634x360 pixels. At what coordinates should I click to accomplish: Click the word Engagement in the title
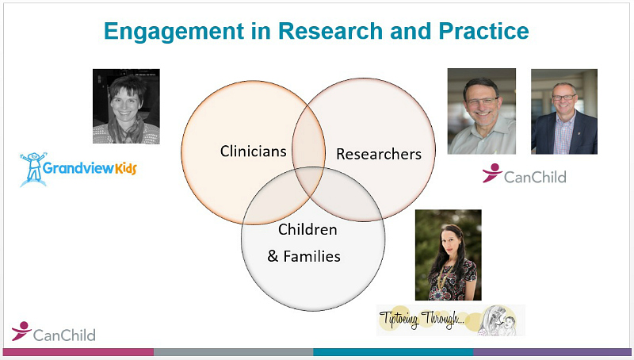click(174, 32)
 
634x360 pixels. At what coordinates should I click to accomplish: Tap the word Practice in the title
click(483, 31)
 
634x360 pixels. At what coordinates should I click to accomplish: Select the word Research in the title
click(330, 31)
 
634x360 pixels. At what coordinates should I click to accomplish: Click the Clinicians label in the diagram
click(253, 151)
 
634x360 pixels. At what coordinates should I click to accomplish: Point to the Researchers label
click(379, 154)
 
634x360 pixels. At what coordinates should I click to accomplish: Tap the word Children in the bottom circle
click(307, 229)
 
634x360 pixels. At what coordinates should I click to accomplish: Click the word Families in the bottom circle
click(311, 256)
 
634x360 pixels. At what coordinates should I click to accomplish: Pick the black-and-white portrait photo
click(126, 106)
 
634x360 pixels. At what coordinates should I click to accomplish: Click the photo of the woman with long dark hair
click(449, 255)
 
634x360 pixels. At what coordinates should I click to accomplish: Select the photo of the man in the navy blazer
click(564, 112)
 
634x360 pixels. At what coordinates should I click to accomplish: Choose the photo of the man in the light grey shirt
click(482, 111)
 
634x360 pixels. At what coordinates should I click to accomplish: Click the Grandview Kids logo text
click(90, 168)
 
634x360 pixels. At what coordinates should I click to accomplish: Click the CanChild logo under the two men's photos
click(524, 174)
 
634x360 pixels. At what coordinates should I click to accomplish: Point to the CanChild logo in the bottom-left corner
click(53, 331)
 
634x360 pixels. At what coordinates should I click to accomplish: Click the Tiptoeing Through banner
click(451, 320)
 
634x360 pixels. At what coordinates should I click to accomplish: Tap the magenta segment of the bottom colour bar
click(78, 352)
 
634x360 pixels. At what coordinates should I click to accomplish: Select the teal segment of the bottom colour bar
click(393, 352)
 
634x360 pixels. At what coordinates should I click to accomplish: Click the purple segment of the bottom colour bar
click(552, 352)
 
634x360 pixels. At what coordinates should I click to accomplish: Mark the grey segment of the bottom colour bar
click(233, 352)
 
